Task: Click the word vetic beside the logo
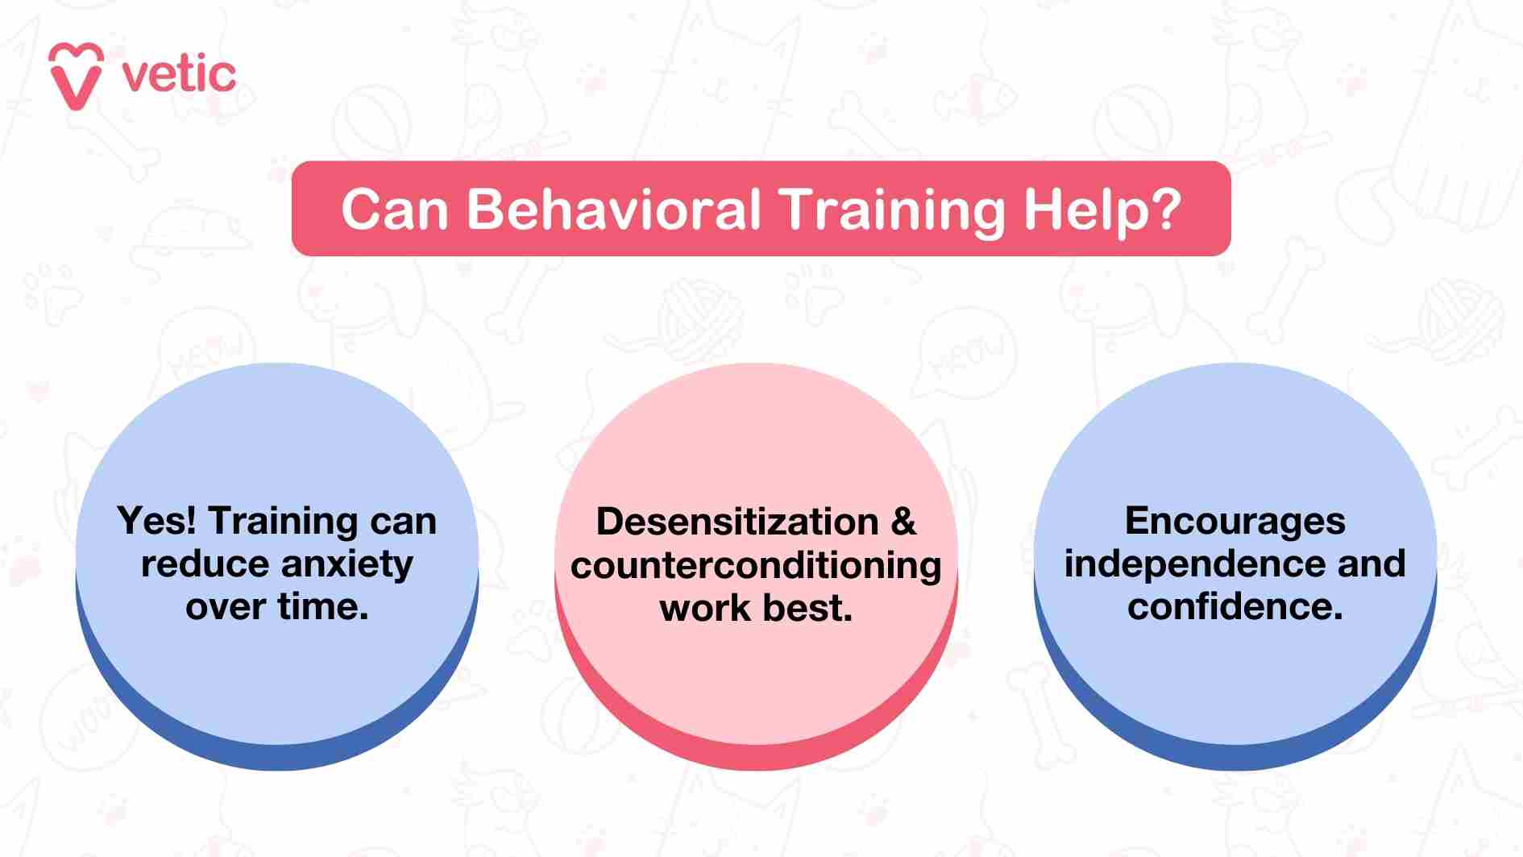click(x=179, y=75)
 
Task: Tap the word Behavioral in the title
click(x=614, y=210)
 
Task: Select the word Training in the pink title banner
click(x=893, y=210)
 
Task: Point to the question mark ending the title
click(x=1163, y=210)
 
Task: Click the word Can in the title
click(x=394, y=210)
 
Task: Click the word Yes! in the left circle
click(x=156, y=521)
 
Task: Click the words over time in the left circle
click(x=276, y=606)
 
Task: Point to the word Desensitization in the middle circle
click(x=737, y=522)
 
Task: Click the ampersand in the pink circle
click(x=904, y=522)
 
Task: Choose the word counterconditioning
click(x=756, y=565)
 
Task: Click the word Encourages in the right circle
click(x=1235, y=521)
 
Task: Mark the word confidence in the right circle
click(x=1235, y=606)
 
